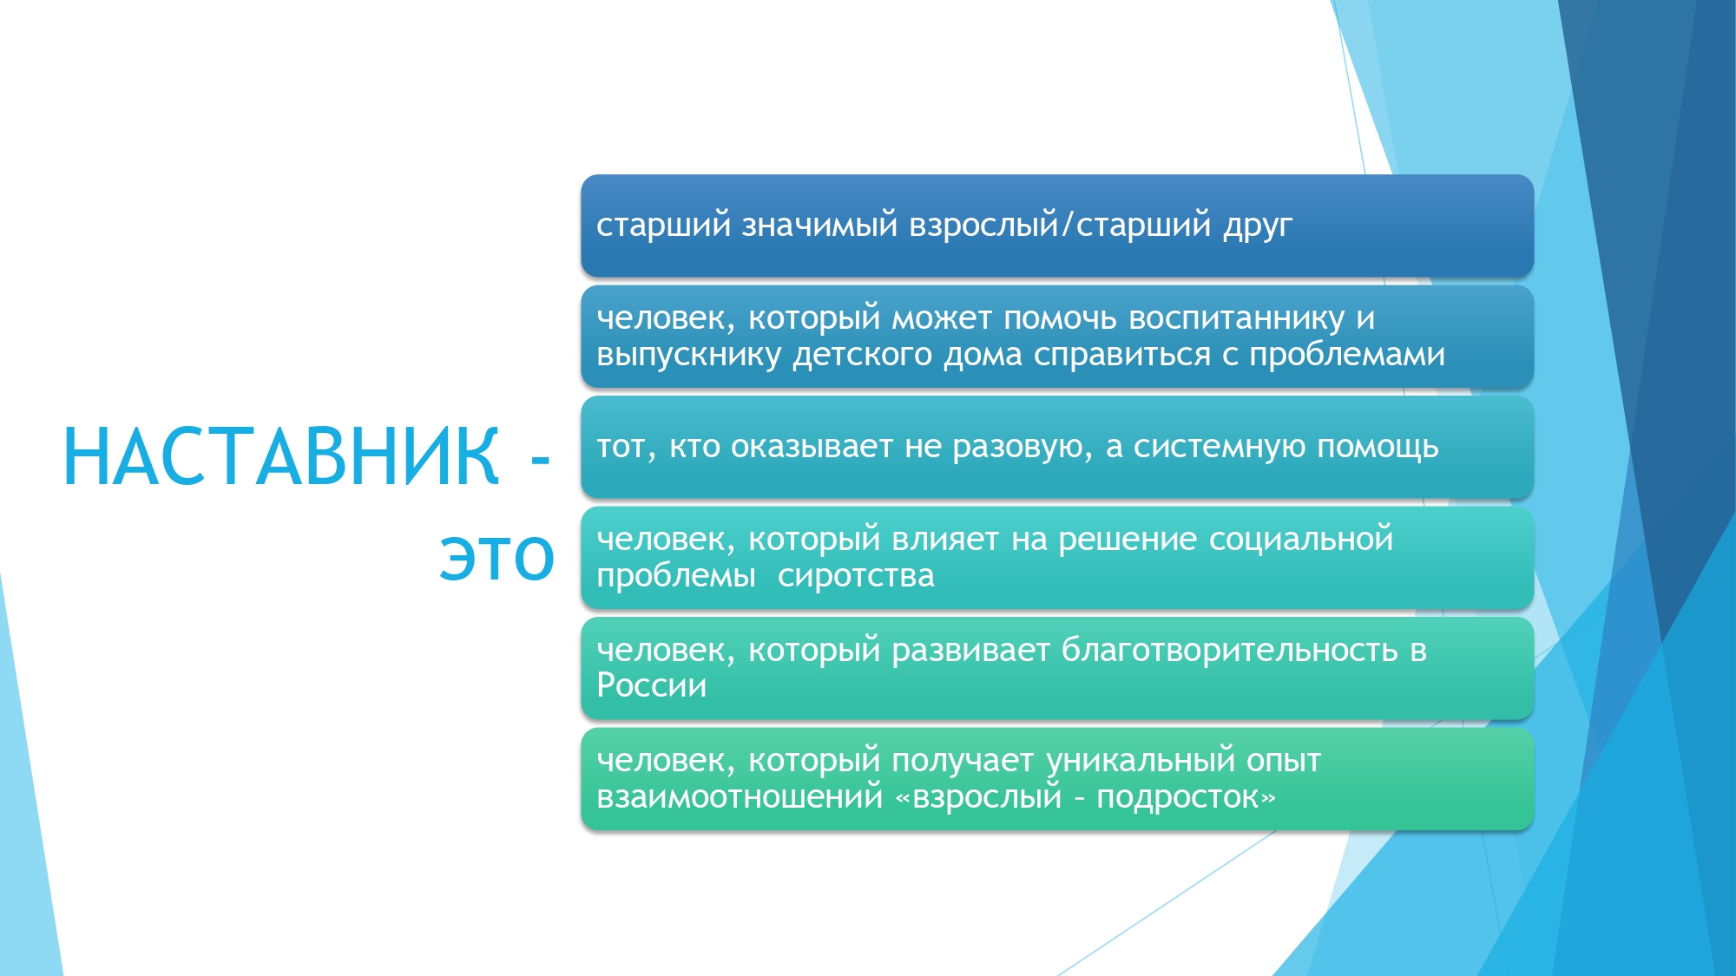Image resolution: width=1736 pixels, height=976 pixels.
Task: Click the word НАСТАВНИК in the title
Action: (281, 456)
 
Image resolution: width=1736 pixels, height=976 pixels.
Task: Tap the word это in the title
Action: (496, 557)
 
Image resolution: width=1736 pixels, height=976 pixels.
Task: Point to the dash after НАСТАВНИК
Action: (541, 459)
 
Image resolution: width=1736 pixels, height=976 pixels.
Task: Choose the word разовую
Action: (1022, 448)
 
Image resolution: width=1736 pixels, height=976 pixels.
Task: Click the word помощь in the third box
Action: (1378, 448)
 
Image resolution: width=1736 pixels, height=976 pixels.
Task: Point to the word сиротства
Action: (856, 576)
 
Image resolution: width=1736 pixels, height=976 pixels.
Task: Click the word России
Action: (652, 686)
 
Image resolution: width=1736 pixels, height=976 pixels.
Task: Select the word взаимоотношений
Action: (740, 797)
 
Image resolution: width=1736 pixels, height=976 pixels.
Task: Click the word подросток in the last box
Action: (1178, 798)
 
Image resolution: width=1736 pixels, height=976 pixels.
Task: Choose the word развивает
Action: (970, 652)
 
